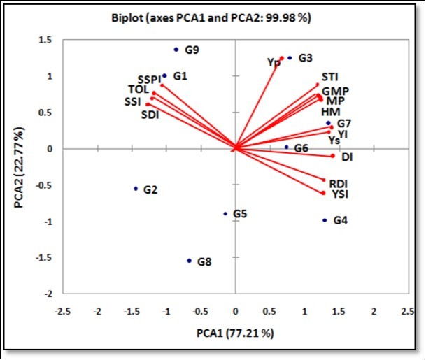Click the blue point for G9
176,50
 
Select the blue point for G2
136,189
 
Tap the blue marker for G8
189,261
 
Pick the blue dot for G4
325,220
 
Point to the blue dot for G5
225,214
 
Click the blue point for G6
286,147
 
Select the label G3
305,58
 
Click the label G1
180,75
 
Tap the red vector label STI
329,77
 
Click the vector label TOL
139,89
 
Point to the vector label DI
347,157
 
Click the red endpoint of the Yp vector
282,59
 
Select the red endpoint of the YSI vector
323,193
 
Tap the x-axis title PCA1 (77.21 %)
234,333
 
